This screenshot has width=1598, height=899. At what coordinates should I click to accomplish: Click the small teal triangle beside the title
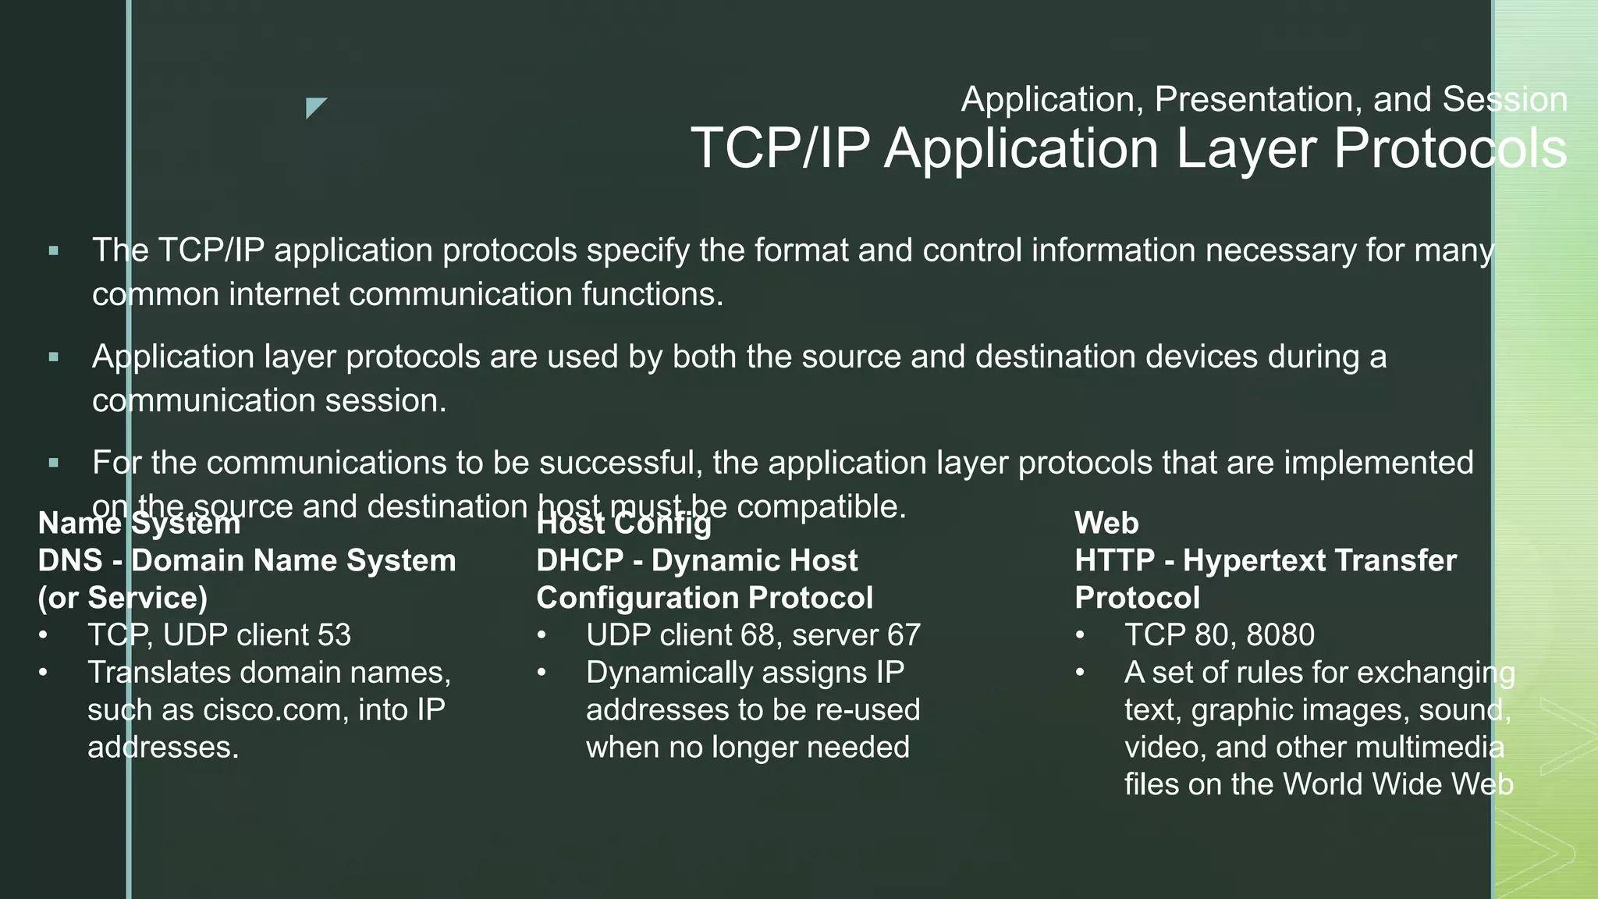tap(314, 106)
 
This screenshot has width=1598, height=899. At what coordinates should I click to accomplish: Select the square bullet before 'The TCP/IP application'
tap(53, 251)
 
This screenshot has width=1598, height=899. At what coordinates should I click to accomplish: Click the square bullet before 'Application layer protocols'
tap(53, 357)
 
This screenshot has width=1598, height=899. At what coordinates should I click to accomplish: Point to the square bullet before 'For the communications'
tap(53, 464)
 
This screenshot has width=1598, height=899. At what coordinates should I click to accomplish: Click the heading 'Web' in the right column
tap(1106, 523)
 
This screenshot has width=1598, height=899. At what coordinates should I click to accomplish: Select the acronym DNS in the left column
tap(70, 560)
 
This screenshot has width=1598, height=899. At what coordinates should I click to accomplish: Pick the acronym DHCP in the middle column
tap(580, 560)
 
